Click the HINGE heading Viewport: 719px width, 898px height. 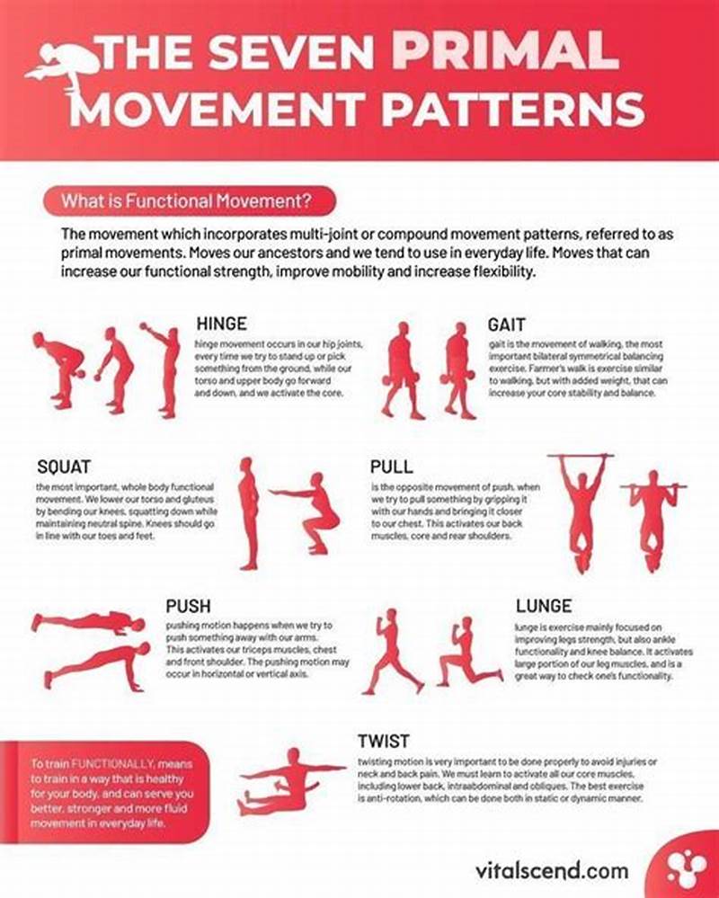tap(221, 324)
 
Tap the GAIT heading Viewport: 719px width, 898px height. tap(507, 324)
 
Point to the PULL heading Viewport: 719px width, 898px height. tap(392, 467)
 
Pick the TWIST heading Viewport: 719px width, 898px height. tap(384, 742)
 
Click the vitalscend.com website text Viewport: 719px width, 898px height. tap(551, 871)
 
